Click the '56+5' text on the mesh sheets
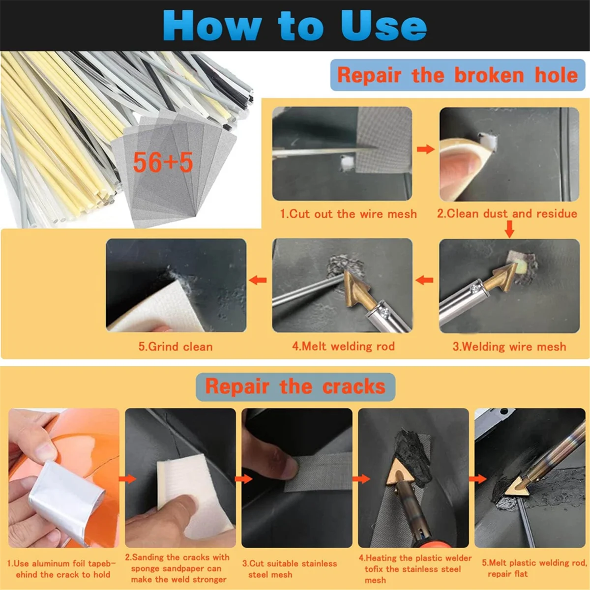point(163,162)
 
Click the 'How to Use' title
point(295,25)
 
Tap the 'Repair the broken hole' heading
point(457,75)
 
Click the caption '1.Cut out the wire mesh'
point(349,214)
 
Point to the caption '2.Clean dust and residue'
point(507,213)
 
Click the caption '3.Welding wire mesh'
point(509,347)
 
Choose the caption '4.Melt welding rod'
point(344,346)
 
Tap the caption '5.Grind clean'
point(176,347)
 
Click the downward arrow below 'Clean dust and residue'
point(509,229)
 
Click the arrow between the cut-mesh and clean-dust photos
point(426,149)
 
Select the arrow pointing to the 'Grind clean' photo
point(258,280)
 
